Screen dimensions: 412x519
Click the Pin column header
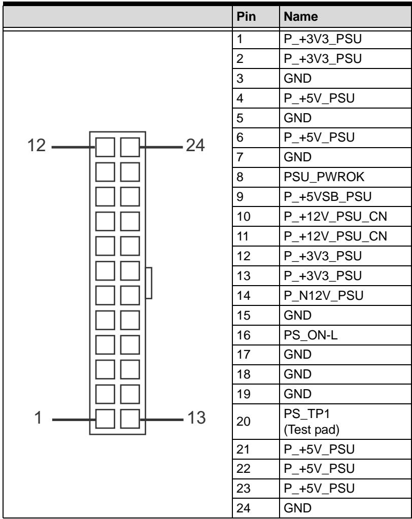(246, 16)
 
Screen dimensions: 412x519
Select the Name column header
(301, 16)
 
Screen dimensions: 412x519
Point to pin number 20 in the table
(243, 422)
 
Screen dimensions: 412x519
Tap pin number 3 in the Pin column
(240, 79)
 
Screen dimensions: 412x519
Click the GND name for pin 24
(297, 508)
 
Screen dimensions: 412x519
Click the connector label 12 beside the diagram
(37, 145)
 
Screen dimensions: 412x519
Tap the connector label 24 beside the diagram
(195, 145)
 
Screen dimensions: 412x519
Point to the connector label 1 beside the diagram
(39, 418)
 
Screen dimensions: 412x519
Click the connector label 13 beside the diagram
(196, 418)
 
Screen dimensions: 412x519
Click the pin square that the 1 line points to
(105, 419)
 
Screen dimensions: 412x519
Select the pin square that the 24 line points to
(130, 147)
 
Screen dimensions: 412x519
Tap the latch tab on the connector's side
(149, 283)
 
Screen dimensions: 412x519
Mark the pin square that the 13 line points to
(130, 419)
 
